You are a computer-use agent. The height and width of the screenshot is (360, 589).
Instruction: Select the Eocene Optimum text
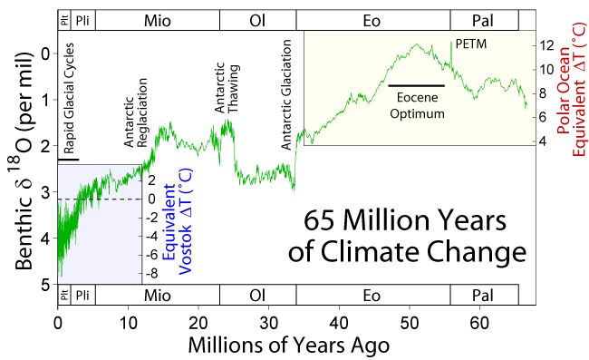point(418,106)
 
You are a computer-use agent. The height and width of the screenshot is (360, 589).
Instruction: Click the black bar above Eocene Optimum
point(417,85)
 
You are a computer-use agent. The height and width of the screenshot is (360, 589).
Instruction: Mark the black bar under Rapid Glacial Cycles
point(68,160)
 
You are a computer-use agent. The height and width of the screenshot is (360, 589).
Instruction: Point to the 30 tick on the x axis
point(268,323)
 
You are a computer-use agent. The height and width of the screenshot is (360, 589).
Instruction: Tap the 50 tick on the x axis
point(409,323)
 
